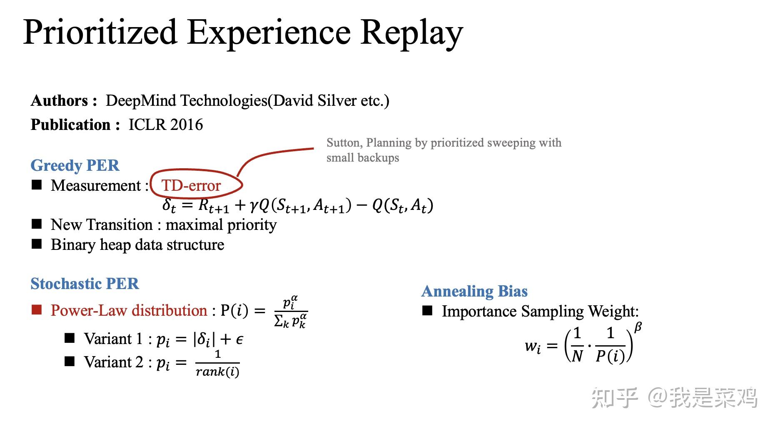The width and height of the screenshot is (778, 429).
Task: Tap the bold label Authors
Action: coord(59,101)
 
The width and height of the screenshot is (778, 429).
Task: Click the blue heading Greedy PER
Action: coord(75,165)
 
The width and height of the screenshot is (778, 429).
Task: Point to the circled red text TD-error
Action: coord(191,186)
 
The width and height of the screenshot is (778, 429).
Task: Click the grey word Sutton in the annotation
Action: coord(344,143)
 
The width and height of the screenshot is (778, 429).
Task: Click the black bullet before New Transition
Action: coord(37,224)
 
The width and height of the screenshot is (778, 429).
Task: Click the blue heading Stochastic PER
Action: coord(85,284)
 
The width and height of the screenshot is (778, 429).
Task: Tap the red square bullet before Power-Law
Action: coord(37,309)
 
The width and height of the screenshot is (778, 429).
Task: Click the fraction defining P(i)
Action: coord(291,312)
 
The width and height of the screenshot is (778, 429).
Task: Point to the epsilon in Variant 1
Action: coord(239,340)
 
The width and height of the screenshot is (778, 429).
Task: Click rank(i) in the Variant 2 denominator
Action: coord(217,372)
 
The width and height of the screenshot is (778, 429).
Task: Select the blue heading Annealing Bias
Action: coord(474,291)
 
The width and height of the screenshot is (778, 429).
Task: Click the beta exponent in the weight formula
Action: coord(638,327)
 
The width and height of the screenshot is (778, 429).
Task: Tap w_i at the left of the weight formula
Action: coord(533,346)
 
